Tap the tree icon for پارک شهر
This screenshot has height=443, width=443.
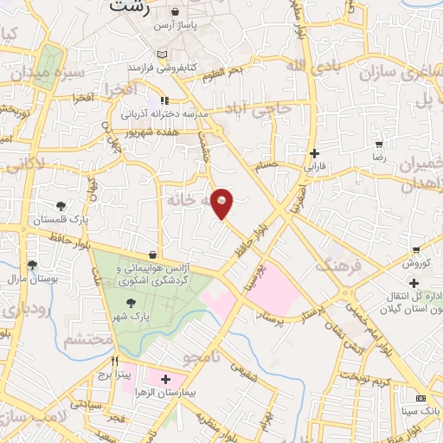[130, 303]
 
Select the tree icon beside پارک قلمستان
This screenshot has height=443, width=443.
[61, 206]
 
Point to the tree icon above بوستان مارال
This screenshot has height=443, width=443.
[32, 266]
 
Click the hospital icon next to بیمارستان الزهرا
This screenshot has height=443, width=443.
[165, 380]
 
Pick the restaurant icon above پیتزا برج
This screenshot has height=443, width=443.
[113, 360]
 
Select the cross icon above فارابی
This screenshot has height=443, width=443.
[314, 153]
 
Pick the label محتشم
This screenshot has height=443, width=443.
[87, 342]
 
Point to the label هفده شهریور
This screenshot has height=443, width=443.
[157, 134]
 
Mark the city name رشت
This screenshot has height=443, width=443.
[131, 8]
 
